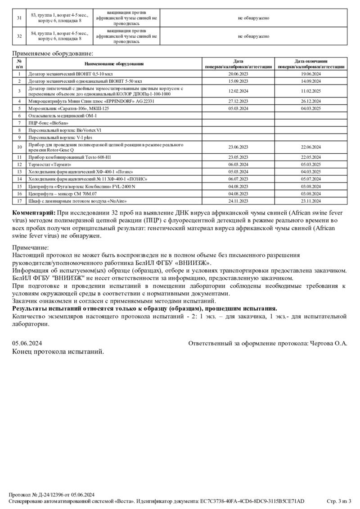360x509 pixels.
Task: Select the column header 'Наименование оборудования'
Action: tap(114, 64)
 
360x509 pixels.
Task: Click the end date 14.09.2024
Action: tap(311, 81)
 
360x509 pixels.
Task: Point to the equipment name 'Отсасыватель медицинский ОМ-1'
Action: tap(63, 116)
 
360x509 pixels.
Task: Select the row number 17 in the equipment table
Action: tap(19, 201)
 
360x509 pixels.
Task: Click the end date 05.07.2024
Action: tap(311, 179)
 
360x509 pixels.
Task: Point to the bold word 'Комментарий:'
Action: tap(33, 212)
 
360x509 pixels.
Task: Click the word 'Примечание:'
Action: tap(30, 248)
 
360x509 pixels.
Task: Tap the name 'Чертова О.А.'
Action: tap(329, 343)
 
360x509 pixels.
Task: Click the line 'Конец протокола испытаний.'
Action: tap(58, 352)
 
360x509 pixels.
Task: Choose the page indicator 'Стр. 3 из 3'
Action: tap(342, 501)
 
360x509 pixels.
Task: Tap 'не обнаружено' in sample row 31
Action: tap(253, 18)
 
